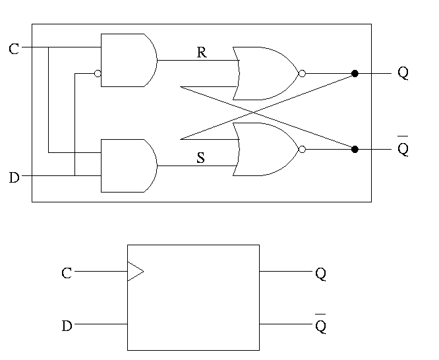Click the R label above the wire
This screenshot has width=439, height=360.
coord(202,53)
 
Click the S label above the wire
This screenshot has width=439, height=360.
coord(201,158)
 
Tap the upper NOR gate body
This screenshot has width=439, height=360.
coord(266,73)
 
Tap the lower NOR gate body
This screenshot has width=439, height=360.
coord(266,149)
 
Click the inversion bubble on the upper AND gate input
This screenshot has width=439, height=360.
coord(98,74)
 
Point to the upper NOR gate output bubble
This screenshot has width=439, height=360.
coord(302,74)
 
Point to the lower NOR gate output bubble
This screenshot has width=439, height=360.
coord(302,150)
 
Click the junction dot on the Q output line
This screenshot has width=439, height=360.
coord(355,74)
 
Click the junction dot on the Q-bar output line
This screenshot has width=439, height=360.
coord(355,150)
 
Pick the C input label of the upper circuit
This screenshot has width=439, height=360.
coord(14,49)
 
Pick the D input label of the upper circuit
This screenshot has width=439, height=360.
coord(14,177)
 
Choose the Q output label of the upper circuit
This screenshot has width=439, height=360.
coord(403,73)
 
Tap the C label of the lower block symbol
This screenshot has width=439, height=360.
coord(66,273)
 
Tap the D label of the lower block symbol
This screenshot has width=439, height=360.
coord(66,325)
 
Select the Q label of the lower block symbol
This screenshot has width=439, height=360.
coord(321,273)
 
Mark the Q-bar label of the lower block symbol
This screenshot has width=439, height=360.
coord(321,325)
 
